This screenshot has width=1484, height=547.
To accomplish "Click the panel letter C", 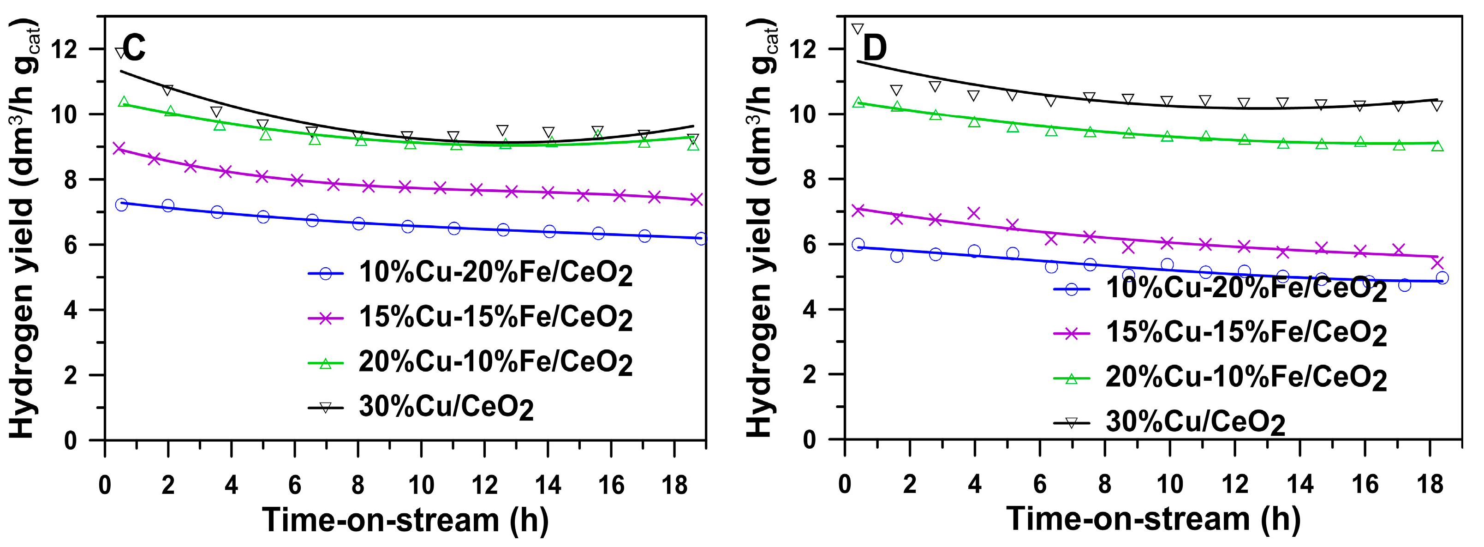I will pyautogui.click(x=134, y=48).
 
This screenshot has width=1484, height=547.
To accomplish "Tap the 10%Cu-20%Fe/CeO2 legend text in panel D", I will pyautogui.click(x=1246, y=288).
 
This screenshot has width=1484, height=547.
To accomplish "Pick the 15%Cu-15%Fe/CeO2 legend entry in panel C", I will pyautogui.click(x=495, y=318).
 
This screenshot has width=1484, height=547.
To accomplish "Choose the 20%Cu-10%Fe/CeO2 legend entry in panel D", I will pyautogui.click(x=1246, y=378).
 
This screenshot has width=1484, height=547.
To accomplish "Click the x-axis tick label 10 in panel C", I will pyautogui.click(x=421, y=485).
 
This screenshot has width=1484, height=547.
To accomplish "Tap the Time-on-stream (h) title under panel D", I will pyautogui.click(x=1153, y=519).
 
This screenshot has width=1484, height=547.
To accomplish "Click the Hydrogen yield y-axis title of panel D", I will pyautogui.click(x=762, y=228).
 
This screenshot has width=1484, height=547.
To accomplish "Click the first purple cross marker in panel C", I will pyautogui.click(x=119, y=149).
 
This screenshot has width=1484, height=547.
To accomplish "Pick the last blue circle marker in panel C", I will pyautogui.click(x=701, y=239).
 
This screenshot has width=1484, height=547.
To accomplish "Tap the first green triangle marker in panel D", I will pyautogui.click(x=858, y=102).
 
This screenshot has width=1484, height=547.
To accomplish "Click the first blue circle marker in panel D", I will pyautogui.click(x=858, y=244).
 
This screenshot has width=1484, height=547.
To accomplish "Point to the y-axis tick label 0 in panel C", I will pyautogui.click(x=70, y=440).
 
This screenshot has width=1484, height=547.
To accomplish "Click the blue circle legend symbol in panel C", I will pyautogui.click(x=326, y=274).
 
